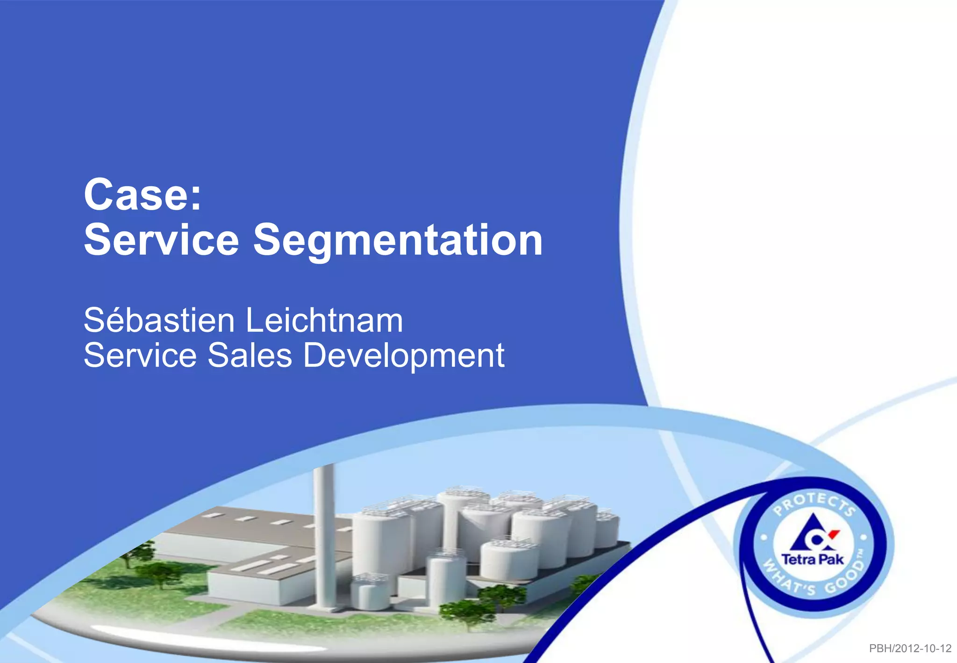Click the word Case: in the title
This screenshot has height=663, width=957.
(x=143, y=195)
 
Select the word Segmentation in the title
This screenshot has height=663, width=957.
(x=398, y=240)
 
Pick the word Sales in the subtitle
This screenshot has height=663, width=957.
(x=250, y=355)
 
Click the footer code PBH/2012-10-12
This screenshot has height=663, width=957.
(x=910, y=649)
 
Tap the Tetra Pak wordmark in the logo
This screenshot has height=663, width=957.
(x=813, y=560)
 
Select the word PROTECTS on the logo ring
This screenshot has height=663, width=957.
(x=814, y=504)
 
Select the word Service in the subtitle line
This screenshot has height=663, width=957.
(x=140, y=355)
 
